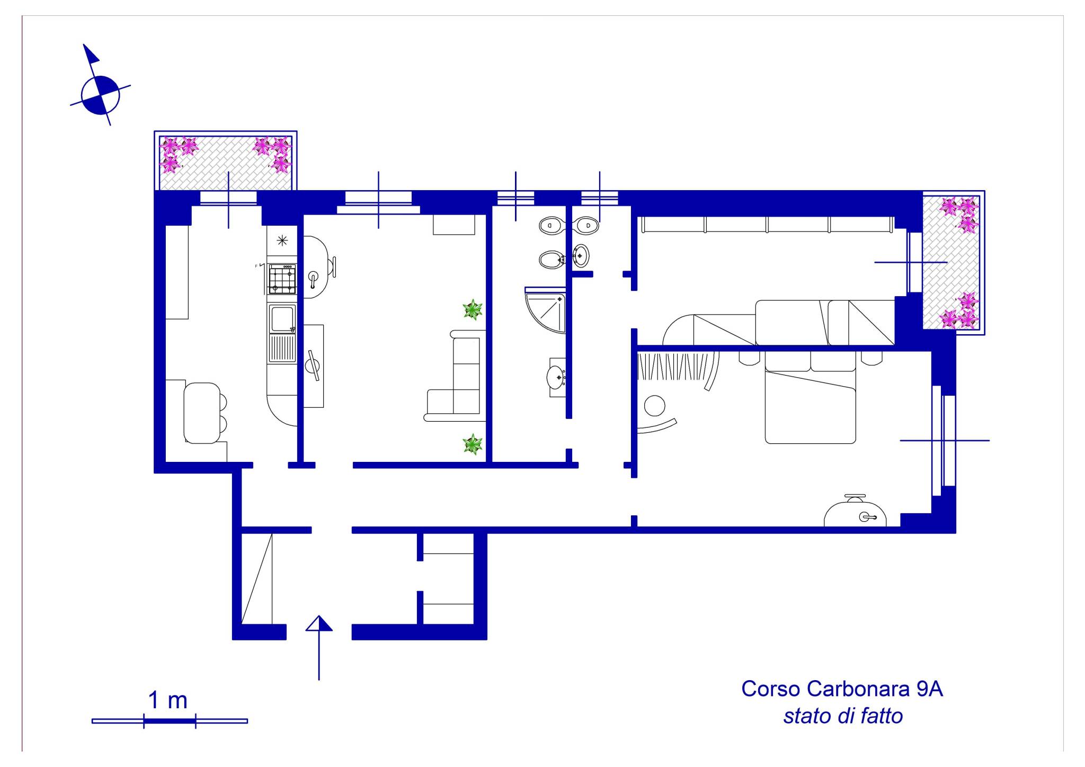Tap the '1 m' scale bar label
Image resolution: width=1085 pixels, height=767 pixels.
(x=167, y=700)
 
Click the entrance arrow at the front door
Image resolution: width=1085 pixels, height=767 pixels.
(x=319, y=647)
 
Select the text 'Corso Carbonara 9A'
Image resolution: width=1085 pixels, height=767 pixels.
(x=842, y=689)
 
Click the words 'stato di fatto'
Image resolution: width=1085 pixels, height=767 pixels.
(x=843, y=716)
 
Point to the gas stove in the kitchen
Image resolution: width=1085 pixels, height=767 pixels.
(x=282, y=279)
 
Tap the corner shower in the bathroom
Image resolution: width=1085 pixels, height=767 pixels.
(x=545, y=310)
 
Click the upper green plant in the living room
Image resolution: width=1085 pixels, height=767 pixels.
(x=472, y=309)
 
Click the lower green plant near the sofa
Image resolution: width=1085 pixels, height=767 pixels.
(x=472, y=444)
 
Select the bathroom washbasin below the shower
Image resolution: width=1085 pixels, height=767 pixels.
(x=556, y=377)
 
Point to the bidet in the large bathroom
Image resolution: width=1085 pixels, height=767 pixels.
(x=551, y=260)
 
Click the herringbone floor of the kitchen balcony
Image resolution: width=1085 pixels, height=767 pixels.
(x=225, y=163)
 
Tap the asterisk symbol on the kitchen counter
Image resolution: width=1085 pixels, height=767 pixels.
(x=282, y=241)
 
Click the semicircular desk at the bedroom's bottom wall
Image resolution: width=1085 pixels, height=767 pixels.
(x=855, y=512)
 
